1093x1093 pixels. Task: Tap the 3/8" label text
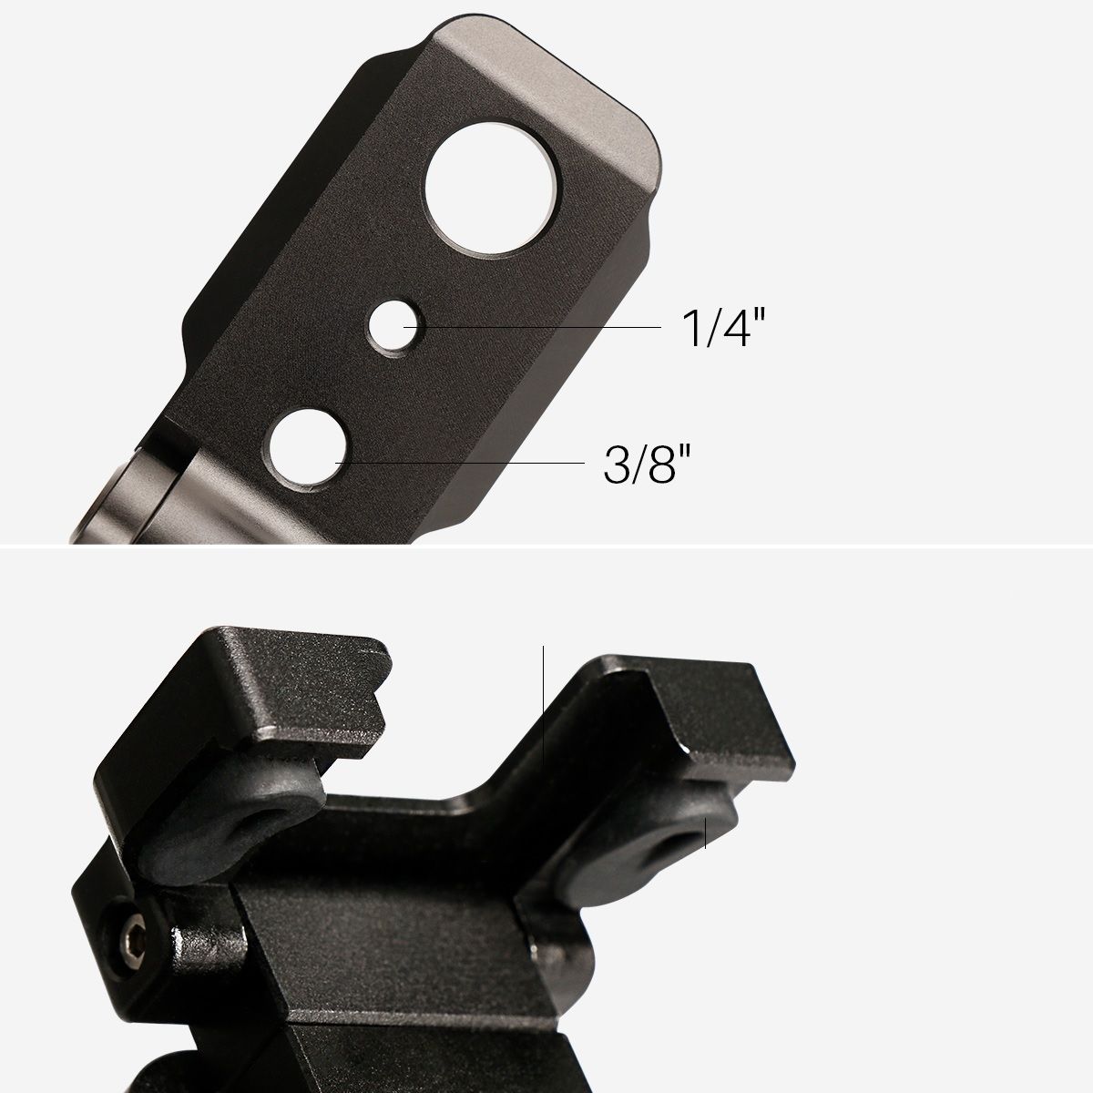(x=647, y=464)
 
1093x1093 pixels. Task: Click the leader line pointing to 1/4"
(x=532, y=327)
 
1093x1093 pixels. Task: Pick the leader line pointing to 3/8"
(x=460, y=463)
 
